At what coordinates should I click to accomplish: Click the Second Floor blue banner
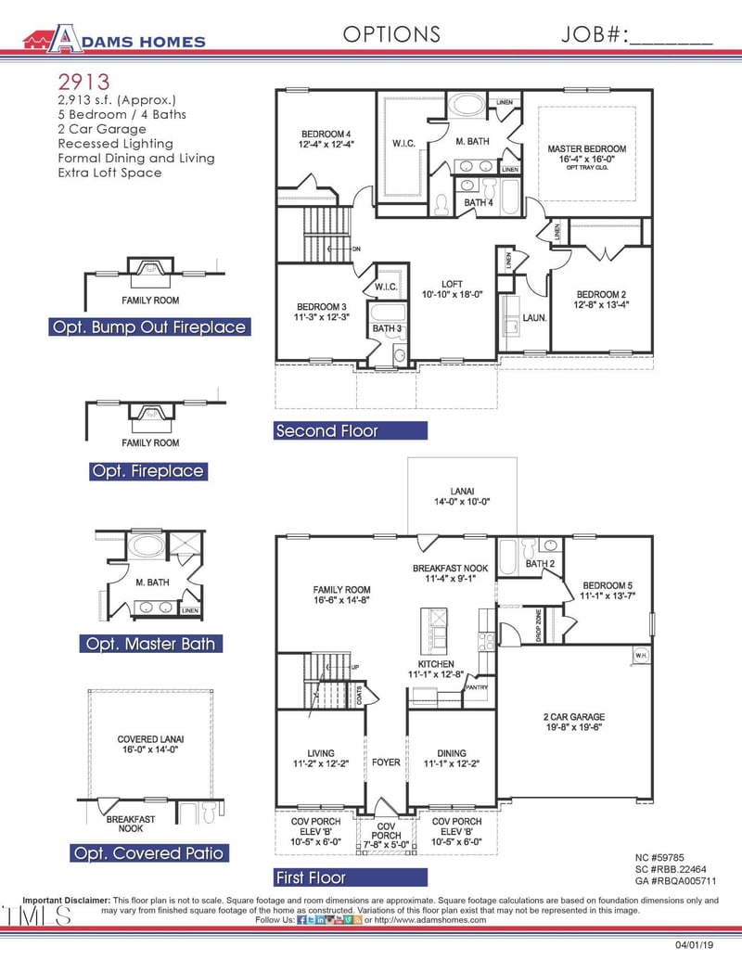tap(351, 430)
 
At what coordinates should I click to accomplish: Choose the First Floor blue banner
tap(351, 877)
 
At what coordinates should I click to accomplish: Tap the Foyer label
tap(386, 762)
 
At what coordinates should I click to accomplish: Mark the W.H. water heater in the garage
tap(641, 655)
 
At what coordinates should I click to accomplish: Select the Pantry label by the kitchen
tap(476, 687)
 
